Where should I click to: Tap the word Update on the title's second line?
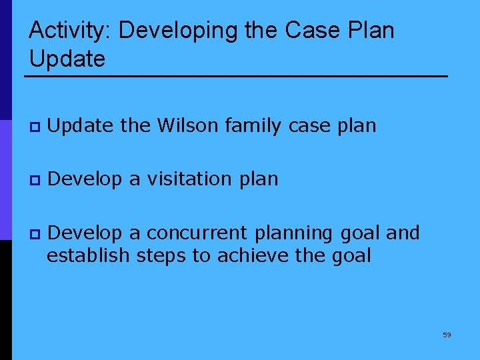[67, 59]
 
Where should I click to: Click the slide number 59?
[447, 335]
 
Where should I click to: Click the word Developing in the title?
[177, 31]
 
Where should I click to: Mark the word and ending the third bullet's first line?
[403, 233]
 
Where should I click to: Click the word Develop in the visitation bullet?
[85, 179]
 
